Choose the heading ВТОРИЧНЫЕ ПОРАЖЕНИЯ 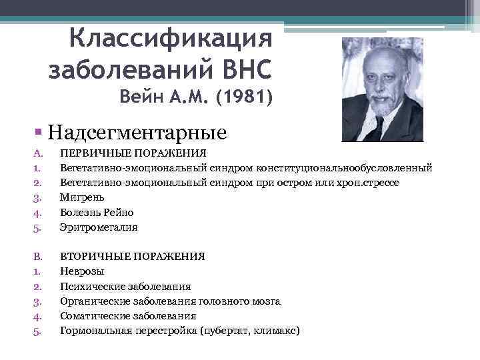132,256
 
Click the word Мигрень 82,197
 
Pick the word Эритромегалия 99,227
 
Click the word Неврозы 82,271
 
